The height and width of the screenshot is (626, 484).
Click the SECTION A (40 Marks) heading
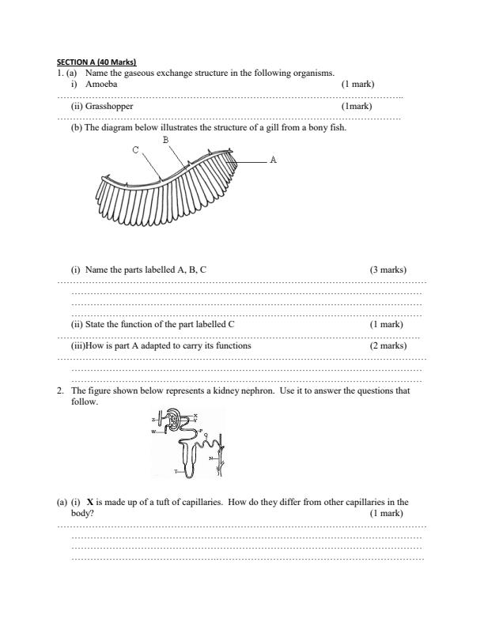(x=96, y=62)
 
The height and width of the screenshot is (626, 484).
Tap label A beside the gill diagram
(x=273, y=160)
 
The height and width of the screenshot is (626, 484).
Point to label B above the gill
(x=165, y=139)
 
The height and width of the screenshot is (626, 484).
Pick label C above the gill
(x=135, y=149)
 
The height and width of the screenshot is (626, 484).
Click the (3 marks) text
(x=388, y=270)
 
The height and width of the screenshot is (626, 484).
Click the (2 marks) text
(x=388, y=345)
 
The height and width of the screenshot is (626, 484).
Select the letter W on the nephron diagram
(x=153, y=432)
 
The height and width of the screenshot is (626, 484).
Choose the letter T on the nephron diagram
(x=176, y=471)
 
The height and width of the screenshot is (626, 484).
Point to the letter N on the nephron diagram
(x=210, y=458)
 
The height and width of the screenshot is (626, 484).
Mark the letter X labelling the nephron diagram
(x=196, y=416)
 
